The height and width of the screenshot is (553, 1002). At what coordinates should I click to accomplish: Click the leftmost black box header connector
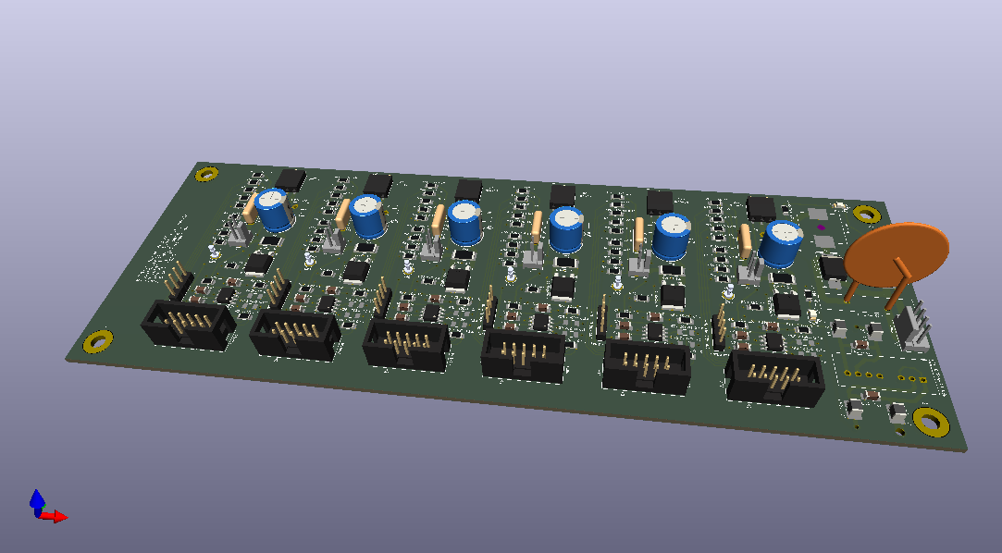point(189,326)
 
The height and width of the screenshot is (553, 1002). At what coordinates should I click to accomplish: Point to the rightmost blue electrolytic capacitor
point(782,243)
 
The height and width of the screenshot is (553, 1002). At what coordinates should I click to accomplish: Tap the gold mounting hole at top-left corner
point(207,173)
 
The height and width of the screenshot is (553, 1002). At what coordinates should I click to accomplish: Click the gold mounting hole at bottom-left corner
point(97,342)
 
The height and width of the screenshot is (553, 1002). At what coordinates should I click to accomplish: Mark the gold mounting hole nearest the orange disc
point(866,215)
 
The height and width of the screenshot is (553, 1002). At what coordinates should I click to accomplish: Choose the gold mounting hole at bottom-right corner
point(930,422)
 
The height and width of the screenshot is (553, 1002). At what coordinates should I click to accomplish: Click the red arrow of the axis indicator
point(58,517)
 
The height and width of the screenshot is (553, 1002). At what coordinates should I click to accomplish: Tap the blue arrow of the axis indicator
point(37,499)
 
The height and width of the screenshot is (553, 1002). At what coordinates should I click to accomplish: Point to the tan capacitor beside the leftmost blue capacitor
point(249,210)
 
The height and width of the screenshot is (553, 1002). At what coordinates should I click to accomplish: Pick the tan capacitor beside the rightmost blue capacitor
point(747,240)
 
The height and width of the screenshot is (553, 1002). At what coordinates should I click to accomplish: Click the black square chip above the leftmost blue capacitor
point(291,178)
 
